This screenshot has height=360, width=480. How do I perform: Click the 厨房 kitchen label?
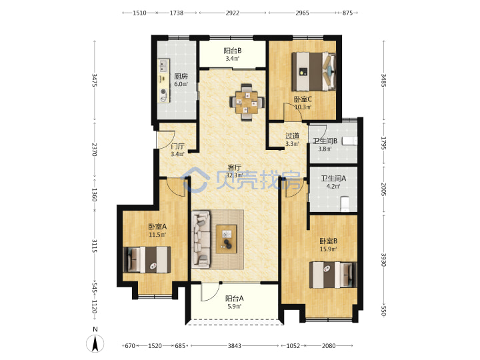click(x=181, y=76)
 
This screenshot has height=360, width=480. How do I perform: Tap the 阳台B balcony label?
click(x=233, y=51)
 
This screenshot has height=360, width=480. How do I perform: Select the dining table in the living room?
click(x=247, y=102)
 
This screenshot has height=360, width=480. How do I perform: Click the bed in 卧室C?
click(x=313, y=71)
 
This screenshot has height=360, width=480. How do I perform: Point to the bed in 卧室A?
click(x=147, y=259)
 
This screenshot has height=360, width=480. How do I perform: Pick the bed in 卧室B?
click(x=333, y=275)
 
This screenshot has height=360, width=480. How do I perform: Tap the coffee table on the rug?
click(x=227, y=239)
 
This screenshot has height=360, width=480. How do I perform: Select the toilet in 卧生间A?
click(x=345, y=204)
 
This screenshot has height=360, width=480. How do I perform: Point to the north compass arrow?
click(x=95, y=343)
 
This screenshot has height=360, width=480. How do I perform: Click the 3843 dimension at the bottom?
click(x=234, y=345)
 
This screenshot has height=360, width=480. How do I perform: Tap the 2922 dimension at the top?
click(x=233, y=13)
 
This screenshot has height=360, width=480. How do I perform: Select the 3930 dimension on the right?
click(x=383, y=259)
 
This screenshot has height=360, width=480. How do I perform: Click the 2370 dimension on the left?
click(x=94, y=149)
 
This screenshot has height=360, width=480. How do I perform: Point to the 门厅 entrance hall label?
click(x=177, y=147)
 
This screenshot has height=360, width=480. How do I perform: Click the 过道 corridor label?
click(x=292, y=135)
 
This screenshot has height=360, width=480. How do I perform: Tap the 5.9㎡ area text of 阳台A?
click(x=234, y=307)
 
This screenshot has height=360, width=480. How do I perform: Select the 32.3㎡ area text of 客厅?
click(x=234, y=175)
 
